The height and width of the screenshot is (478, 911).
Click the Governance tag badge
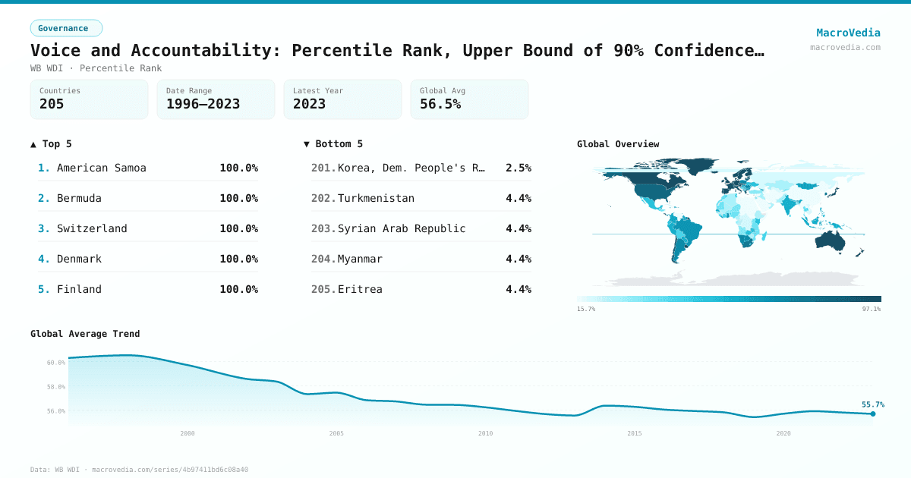point(66,28)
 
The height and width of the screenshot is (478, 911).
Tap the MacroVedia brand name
point(848,33)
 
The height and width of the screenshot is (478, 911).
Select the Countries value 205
point(52,104)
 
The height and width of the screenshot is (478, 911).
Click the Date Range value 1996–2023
point(203,104)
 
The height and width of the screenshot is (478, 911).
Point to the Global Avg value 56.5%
point(440,104)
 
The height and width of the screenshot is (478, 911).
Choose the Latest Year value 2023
point(309,104)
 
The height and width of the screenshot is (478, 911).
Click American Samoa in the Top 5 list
point(101,168)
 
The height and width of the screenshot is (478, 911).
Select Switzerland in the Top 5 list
point(92,228)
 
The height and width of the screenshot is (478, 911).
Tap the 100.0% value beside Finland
point(238,289)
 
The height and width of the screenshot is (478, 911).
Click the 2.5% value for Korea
point(518,168)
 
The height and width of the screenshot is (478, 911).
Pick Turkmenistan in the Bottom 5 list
point(376,198)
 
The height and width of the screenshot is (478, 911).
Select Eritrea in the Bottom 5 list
point(360,289)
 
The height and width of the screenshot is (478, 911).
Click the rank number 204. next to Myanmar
point(323,259)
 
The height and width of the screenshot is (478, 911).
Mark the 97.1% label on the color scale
point(871,309)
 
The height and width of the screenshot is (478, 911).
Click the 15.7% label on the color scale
point(586,309)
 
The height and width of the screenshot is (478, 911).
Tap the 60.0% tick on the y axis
point(56,363)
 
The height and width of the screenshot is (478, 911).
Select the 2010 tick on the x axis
point(485,433)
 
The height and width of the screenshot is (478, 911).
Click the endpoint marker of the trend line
point(873,414)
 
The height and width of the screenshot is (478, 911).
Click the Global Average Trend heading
point(85,334)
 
